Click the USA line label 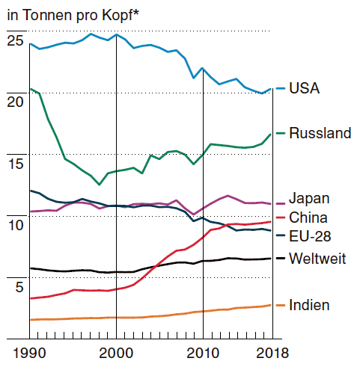coord(304,88)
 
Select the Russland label coord(320,133)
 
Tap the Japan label coord(309,200)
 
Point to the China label coord(308,218)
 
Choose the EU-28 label coord(310,236)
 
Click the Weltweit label coord(317,259)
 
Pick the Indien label coord(309,305)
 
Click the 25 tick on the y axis coord(15,40)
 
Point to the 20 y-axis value coord(15,102)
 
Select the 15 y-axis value coord(16,164)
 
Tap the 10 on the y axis coord(16,225)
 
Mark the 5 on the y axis coord(19,287)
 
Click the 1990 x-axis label coord(29,353)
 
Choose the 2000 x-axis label coord(116,353)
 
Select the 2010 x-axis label coord(203,353)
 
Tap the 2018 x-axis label coord(272,353)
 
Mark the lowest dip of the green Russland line coord(100,185)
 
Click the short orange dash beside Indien coord(281,305)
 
